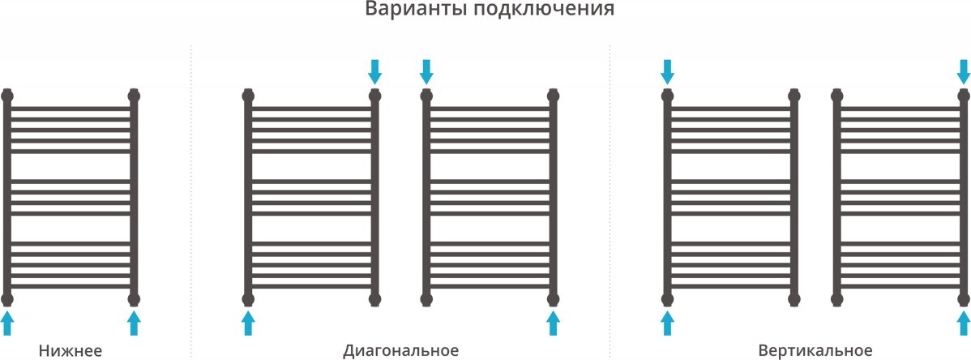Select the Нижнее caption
click(70, 351)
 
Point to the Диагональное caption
click(401, 351)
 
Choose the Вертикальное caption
click(815, 351)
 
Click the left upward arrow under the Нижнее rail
click(6, 324)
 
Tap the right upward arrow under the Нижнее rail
click(134, 324)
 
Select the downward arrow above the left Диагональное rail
click(374, 72)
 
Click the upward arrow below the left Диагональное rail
click(248, 324)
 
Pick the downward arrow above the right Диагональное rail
click(426, 72)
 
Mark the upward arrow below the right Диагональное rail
click(553, 324)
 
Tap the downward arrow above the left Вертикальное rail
click(667, 72)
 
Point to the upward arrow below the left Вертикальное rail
click(667, 324)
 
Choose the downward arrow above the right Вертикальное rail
click(964, 72)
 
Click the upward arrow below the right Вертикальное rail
click(964, 324)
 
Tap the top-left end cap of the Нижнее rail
click(6, 96)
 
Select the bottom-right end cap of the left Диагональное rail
click(374, 300)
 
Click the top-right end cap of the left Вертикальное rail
click(793, 96)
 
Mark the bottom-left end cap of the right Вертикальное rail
click(836, 300)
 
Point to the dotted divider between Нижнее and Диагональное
click(190, 201)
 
